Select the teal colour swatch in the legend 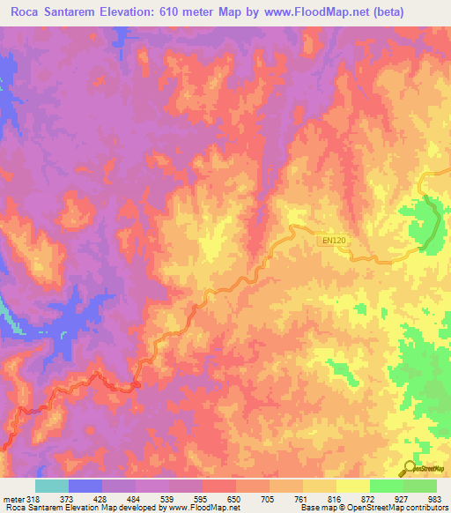tap(52, 486)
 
